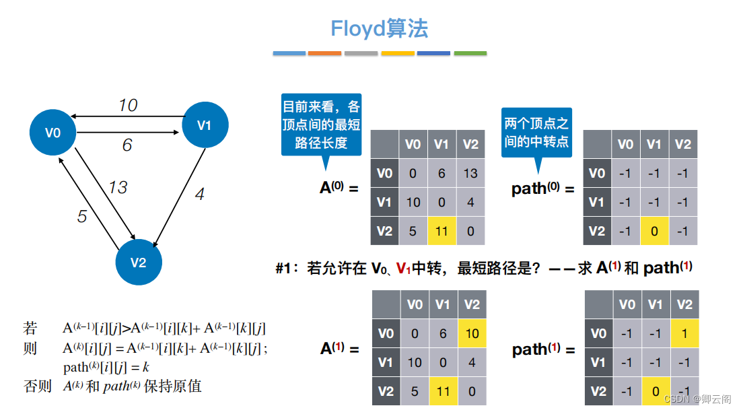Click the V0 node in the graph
(x=52, y=133)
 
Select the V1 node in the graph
(x=205, y=125)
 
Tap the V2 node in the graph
(x=138, y=262)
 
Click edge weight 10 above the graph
(x=128, y=105)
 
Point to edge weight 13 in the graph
(x=118, y=187)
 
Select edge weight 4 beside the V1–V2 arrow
(x=199, y=195)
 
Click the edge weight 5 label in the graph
(x=82, y=216)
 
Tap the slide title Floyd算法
(x=379, y=28)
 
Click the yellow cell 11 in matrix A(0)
(x=442, y=231)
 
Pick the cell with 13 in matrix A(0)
(x=470, y=173)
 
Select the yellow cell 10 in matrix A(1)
(x=472, y=333)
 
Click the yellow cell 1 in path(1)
(x=684, y=333)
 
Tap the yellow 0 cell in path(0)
(x=654, y=231)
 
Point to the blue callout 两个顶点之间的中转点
(x=536, y=133)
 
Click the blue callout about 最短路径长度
(x=321, y=125)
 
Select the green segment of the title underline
(x=470, y=53)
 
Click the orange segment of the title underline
(x=324, y=53)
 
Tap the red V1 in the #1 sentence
(x=403, y=269)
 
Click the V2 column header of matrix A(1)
(x=472, y=304)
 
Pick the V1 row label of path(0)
(x=597, y=202)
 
